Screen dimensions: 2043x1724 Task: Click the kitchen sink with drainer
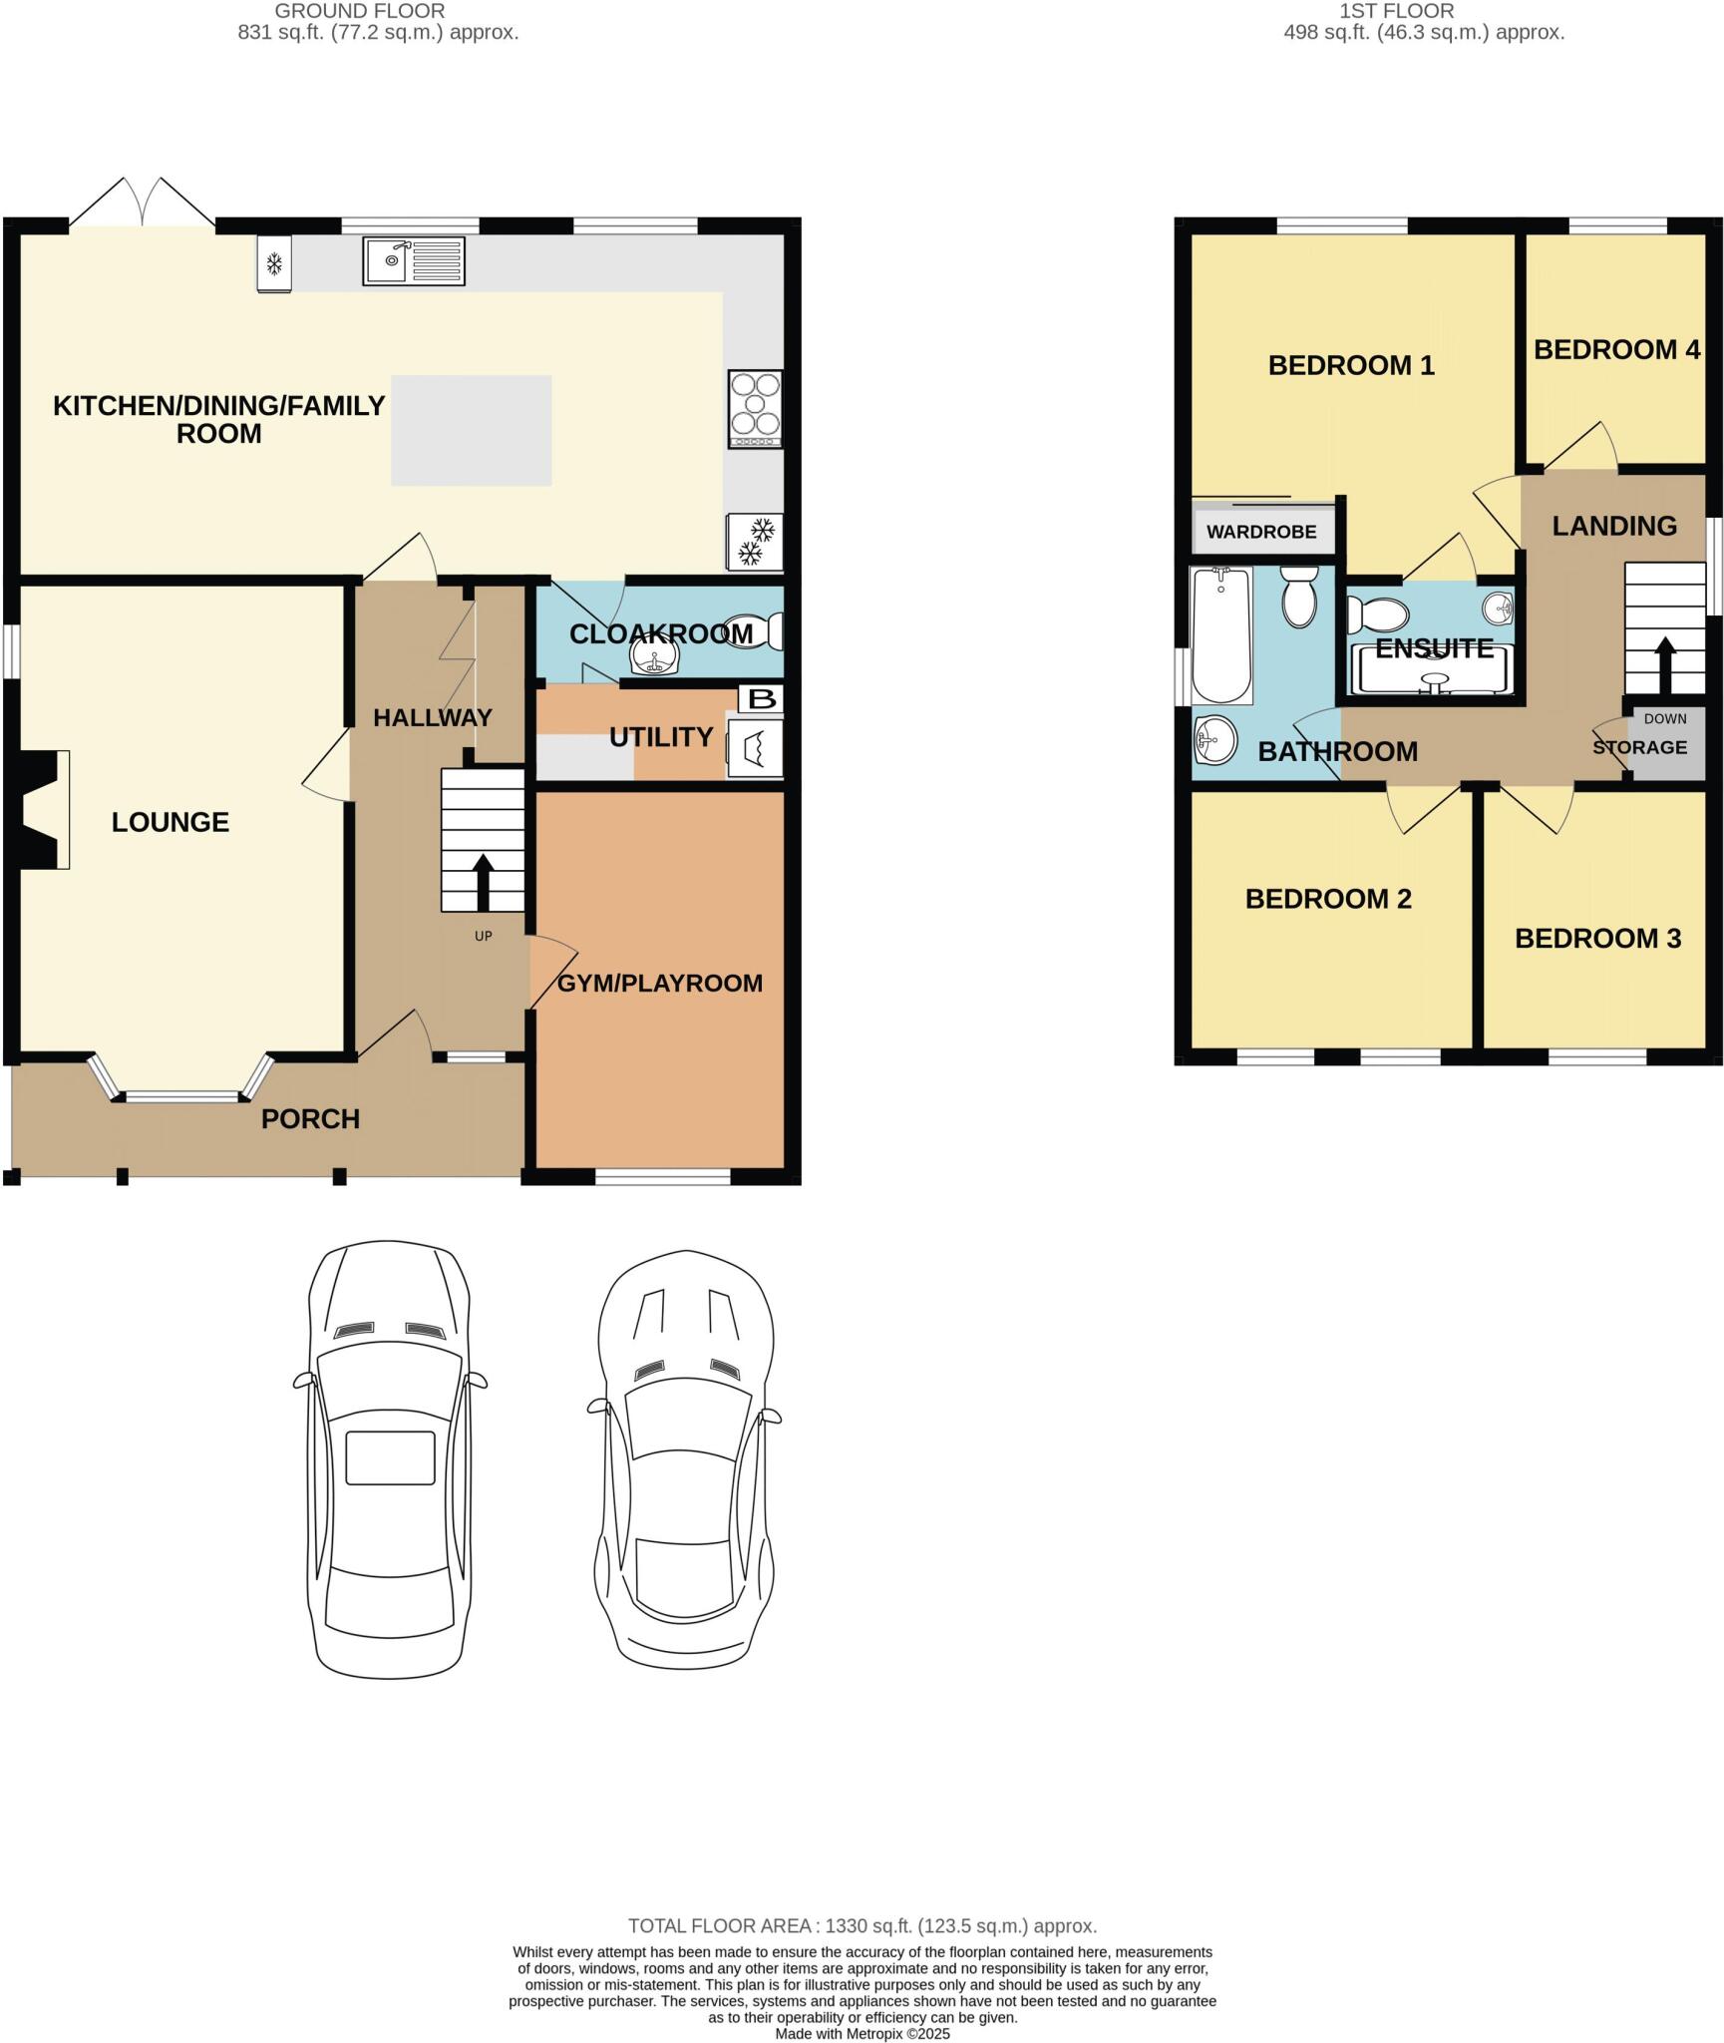(413, 261)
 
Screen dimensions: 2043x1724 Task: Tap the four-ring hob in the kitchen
(755, 409)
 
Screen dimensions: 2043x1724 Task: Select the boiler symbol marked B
(761, 698)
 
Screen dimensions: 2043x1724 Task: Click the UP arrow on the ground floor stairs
(484, 880)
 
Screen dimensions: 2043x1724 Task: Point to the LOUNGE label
(171, 822)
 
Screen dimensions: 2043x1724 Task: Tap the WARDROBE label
(1261, 532)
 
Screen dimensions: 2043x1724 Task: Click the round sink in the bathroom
(1214, 740)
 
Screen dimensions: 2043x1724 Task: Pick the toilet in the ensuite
(1376, 615)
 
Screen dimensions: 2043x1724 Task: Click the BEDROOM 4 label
(1616, 350)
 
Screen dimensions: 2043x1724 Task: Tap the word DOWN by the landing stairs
(1665, 718)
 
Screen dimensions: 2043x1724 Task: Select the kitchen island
(471, 430)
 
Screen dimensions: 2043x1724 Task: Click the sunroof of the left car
(390, 1457)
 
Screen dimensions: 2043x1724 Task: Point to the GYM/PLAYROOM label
(659, 984)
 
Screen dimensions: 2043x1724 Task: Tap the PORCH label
(310, 1119)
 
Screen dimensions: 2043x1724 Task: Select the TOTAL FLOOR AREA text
(862, 1926)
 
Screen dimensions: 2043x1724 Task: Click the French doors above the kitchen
(143, 203)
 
